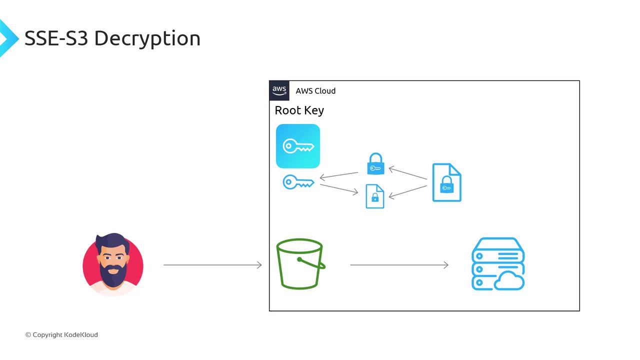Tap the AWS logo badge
click(x=279, y=91)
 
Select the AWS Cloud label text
click(x=315, y=91)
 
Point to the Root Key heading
click(x=299, y=110)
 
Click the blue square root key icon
click(x=298, y=146)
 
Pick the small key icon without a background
click(x=298, y=182)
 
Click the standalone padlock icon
click(x=375, y=164)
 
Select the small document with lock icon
click(x=375, y=196)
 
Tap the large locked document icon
click(x=446, y=182)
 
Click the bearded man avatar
click(x=113, y=263)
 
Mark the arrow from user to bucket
click(x=212, y=265)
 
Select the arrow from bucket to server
click(x=399, y=265)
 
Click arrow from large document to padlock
click(x=408, y=173)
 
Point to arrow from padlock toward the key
click(x=339, y=175)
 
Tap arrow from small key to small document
click(x=339, y=188)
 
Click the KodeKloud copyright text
click(x=61, y=335)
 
